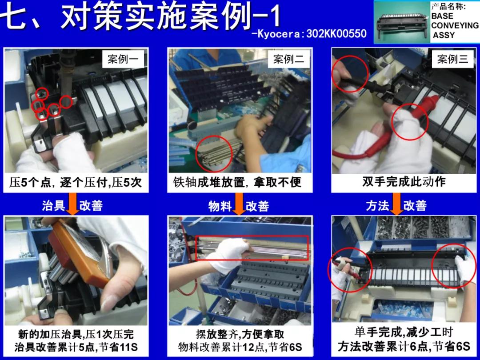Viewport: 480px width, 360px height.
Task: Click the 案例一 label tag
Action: point(123,59)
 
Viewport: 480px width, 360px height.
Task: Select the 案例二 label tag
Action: point(288,59)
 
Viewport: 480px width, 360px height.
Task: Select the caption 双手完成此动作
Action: point(404,182)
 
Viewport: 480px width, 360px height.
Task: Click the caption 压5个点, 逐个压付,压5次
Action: point(76,183)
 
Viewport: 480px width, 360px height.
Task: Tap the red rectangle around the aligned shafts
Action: point(252,248)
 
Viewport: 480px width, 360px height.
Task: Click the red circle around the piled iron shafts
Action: point(214,154)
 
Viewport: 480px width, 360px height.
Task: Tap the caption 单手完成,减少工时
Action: point(404,332)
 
